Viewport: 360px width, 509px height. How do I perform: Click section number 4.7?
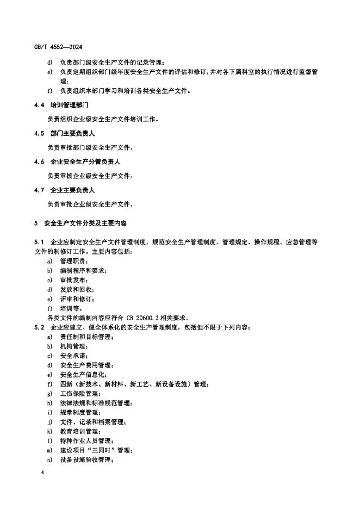(38, 190)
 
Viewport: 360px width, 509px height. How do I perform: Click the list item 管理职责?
(72, 260)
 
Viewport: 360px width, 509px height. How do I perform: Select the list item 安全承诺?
(72, 356)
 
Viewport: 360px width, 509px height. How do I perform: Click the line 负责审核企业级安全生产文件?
(90, 176)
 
